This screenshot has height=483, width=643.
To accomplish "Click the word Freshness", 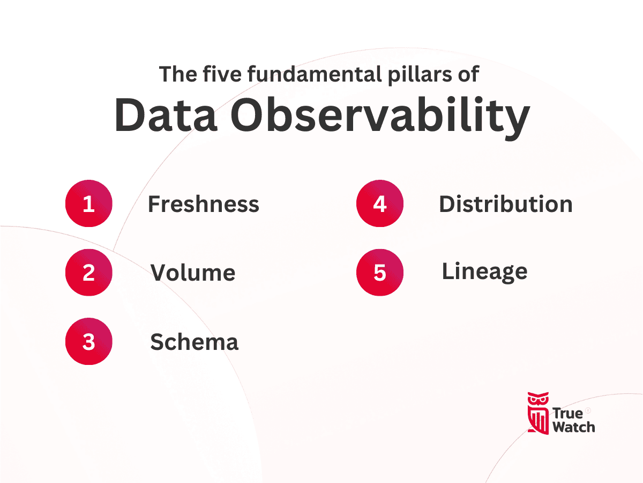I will (203, 204).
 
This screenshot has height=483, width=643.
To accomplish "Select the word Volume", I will (192, 273).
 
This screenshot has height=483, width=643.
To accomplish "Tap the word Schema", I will (194, 342).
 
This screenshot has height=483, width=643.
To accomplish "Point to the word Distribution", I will (505, 204).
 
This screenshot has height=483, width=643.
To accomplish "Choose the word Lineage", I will (484, 272).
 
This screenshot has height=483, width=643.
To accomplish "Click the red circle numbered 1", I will (89, 204).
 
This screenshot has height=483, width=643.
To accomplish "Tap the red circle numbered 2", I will (89, 273).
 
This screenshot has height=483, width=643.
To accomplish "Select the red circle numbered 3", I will (89, 342).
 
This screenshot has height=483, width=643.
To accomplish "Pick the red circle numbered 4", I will (380, 204).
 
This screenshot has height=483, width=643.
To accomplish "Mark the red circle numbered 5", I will (380, 273).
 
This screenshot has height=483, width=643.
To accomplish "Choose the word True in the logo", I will (567, 413).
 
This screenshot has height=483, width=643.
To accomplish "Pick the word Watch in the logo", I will (573, 427).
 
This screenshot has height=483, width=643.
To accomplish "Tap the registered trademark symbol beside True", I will (588, 411).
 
